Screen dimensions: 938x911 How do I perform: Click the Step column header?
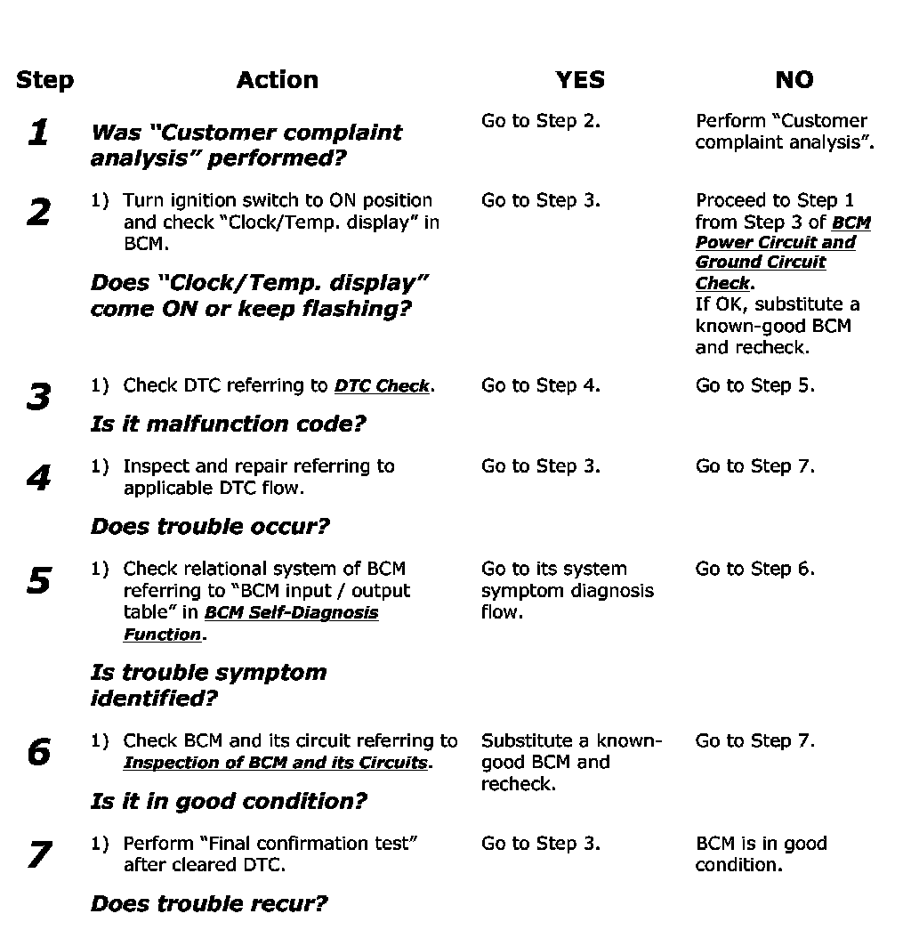coord(44,80)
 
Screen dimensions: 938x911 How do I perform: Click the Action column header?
coord(277,80)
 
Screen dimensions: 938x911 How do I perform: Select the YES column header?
coord(579,80)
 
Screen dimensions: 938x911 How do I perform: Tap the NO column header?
coord(794,80)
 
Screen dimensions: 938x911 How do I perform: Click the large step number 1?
coord(38,133)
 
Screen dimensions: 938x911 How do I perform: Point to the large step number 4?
coord(38,479)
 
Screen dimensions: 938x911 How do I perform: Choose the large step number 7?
coord(38,855)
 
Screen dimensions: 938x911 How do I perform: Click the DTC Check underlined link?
coord(382,386)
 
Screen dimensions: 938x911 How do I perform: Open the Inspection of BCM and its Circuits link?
coord(276,764)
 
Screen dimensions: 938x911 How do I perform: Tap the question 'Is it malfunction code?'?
coord(228,424)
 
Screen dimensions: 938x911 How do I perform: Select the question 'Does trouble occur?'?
coord(210,526)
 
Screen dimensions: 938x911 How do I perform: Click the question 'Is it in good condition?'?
coord(228,801)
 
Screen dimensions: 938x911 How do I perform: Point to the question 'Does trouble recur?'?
coord(209,904)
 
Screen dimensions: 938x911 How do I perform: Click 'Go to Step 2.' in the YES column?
coord(540,121)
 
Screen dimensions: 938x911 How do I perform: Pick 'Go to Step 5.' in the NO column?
coord(754,386)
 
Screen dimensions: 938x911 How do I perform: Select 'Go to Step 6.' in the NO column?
coord(754,569)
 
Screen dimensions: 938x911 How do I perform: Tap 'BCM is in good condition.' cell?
coord(761,854)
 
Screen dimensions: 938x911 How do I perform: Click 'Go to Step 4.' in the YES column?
coord(540,386)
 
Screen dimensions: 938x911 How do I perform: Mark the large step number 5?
coord(38,581)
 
